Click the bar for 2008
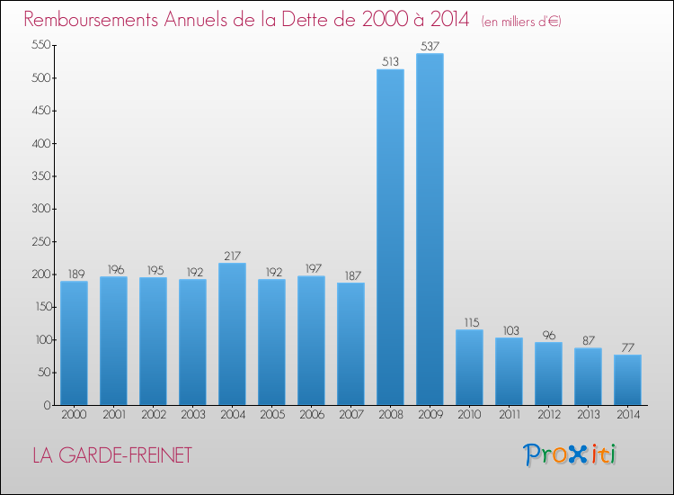click(390, 238)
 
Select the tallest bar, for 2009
click(430, 229)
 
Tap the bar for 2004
click(232, 334)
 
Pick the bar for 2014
click(627, 380)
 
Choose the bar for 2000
click(74, 343)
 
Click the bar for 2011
click(509, 371)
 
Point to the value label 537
click(430, 46)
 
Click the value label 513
click(390, 62)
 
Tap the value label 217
click(232, 256)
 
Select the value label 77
click(627, 347)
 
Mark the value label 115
click(469, 322)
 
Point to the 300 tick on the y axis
click(40, 209)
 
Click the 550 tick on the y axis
click(40, 45)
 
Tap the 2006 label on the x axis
click(311, 414)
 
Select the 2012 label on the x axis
click(548, 414)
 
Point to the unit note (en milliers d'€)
click(521, 21)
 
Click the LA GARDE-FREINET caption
click(111, 455)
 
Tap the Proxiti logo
click(571, 454)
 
